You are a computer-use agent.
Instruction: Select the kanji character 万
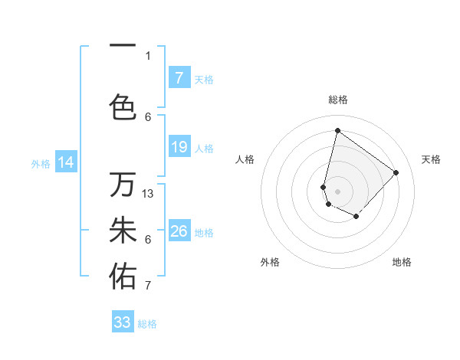[123, 185]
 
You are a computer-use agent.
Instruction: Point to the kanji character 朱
[123, 231]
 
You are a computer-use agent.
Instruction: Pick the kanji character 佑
[123, 277]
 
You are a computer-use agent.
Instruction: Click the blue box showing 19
[179, 147]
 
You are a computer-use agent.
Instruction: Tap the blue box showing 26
[179, 231]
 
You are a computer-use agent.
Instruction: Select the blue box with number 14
[66, 162]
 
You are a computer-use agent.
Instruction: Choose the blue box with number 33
[123, 322]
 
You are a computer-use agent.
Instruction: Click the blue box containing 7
[179, 78]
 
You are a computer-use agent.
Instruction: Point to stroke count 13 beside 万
[149, 193]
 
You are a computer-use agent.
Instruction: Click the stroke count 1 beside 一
[148, 55]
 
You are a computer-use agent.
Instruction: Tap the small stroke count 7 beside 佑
[148, 286]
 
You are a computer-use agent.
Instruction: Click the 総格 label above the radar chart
[338, 100]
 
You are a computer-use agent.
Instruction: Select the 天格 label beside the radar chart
[431, 159]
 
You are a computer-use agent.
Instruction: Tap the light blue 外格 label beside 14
[41, 163]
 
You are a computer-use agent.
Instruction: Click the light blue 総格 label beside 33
[147, 324]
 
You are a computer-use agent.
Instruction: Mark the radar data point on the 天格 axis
[396, 172]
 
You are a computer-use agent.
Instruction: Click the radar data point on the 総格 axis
[337, 130]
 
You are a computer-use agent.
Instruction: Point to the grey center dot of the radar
[337, 191]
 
